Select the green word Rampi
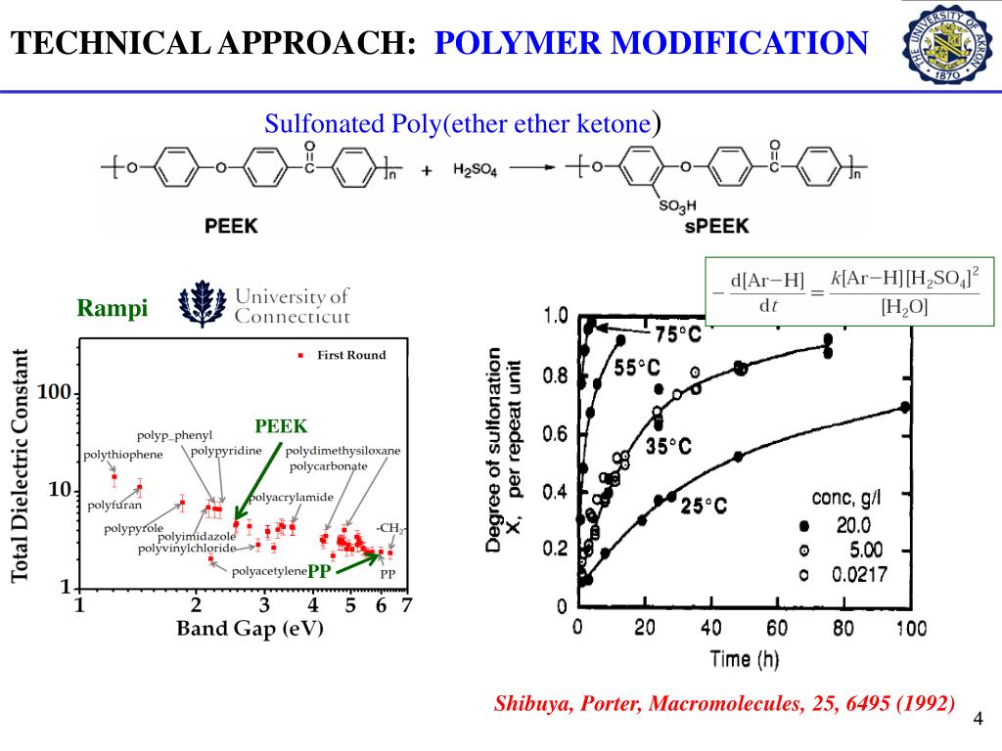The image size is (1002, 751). [113, 309]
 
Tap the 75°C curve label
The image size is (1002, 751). [678, 334]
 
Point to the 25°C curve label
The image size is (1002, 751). [705, 506]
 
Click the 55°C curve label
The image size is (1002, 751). [637, 368]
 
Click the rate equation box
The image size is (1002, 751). [848, 290]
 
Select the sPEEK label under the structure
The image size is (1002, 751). [718, 225]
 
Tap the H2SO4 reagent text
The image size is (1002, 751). [475, 169]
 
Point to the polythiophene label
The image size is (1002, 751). [122, 455]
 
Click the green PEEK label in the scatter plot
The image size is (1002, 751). [281, 426]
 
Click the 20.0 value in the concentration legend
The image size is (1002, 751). [860, 526]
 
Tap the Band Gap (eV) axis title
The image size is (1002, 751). [250, 628]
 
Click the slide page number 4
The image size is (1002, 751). [978, 721]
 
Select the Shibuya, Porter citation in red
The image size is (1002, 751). [725, 703]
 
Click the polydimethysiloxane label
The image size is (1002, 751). [342, 451]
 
